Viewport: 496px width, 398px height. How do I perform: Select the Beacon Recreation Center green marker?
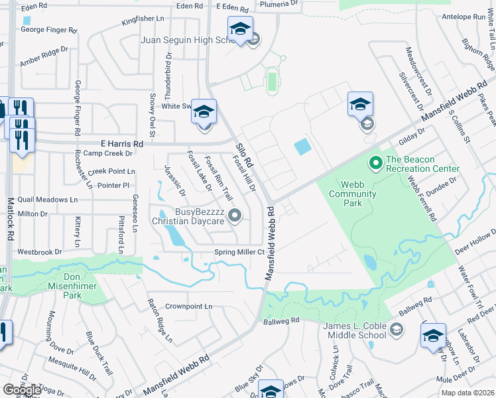click(375, 161)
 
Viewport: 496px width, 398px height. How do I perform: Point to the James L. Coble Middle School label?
click(354, 331)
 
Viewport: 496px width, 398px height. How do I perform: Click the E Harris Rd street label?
click(121, 143)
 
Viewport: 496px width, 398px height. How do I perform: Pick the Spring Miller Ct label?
click(239, 252)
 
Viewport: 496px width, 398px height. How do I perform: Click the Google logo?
click(22, 389)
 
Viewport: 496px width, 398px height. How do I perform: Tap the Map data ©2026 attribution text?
click(467, 393)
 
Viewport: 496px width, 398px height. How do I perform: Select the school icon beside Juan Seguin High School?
click(240, 29)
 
